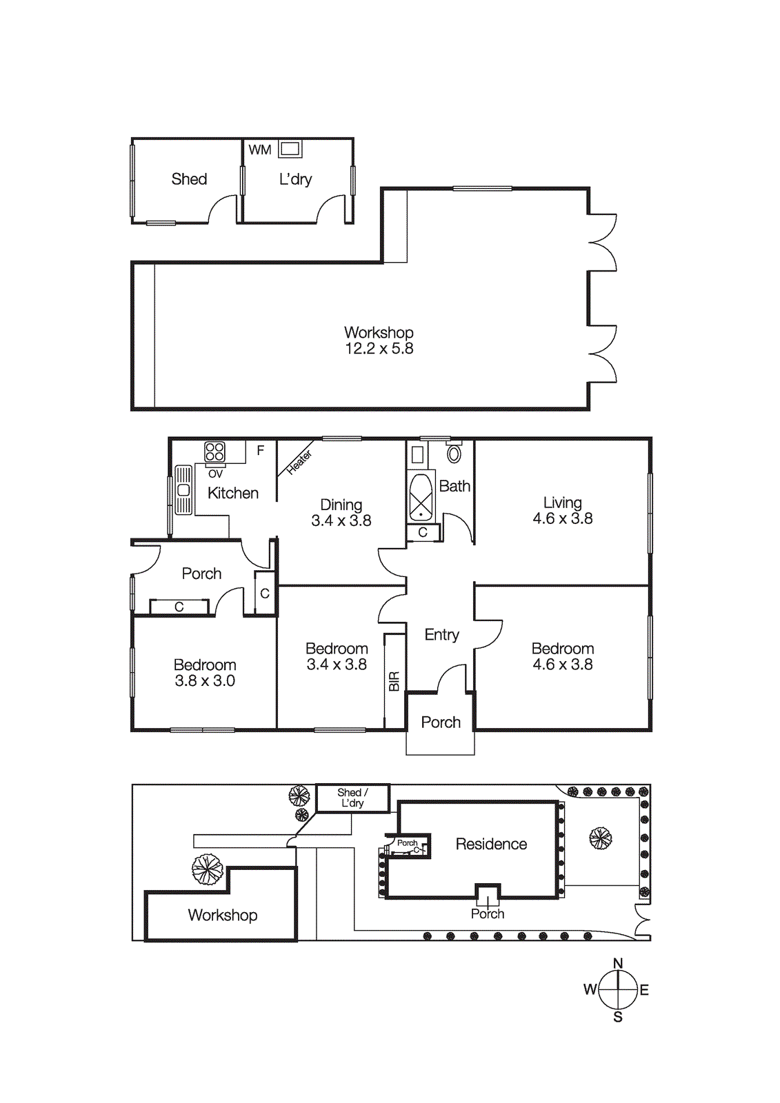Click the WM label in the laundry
tap(260, 150)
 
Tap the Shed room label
tap(189, 179)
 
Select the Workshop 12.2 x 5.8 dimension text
tap(379, 349)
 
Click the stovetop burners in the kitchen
tap(214, 452)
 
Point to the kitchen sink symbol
tap(183, 490)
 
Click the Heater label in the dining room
tap(299, 462)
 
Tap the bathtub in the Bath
tap(421, 496)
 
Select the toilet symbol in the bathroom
tap(454, 454)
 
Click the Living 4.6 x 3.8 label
tap(562, 511)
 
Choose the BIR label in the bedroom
tap(394, 681)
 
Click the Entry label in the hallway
tap(441, 634)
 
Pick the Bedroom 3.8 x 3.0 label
tap(205, 673)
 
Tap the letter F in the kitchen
tap(260, 451)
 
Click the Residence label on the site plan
tap(491, 844)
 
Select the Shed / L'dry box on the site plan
tap(352, 798)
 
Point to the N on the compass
tap(618, 963)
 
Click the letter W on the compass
tap(590, 990)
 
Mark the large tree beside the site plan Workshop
tap(207, 869)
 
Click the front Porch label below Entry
tap(441, 722)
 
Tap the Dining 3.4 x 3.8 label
tap(341, 513)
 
